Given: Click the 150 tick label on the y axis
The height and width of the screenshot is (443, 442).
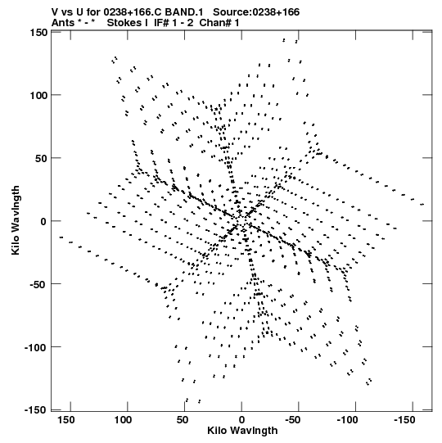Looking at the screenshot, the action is (38, 33).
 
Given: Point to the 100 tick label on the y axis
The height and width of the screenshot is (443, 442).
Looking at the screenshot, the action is (38, 96).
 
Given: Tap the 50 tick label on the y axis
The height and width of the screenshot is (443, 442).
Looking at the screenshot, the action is (42, 159).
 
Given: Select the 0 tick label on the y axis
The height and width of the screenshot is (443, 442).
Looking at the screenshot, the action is (43, 221).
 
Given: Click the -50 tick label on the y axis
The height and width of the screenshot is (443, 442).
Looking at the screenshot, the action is (38, 284).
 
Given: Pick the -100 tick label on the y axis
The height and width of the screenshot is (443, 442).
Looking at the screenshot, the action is (35, 347).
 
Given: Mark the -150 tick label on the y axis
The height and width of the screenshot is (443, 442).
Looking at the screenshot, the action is (35, 409).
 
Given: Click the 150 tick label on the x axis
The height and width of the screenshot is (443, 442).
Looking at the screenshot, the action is (66, 420).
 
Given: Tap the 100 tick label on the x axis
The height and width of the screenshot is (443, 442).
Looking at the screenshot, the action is (123, 420).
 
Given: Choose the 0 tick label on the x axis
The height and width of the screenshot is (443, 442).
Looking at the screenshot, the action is (241, 420).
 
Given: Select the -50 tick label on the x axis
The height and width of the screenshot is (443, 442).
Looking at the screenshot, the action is (292, 420).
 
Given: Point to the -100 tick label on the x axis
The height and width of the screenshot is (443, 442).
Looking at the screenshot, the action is (347, 420).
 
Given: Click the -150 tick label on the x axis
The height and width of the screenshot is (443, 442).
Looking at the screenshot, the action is (404, 420).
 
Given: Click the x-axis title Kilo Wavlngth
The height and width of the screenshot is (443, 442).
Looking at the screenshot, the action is (242, 431).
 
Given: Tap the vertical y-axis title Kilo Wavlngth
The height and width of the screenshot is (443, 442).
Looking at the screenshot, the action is (16, 220).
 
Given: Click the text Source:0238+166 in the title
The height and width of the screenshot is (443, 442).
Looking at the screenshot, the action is (256, 12).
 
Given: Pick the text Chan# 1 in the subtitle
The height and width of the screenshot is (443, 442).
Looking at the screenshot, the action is (219, 23).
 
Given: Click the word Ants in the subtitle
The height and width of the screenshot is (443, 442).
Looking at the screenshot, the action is (63, 23).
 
